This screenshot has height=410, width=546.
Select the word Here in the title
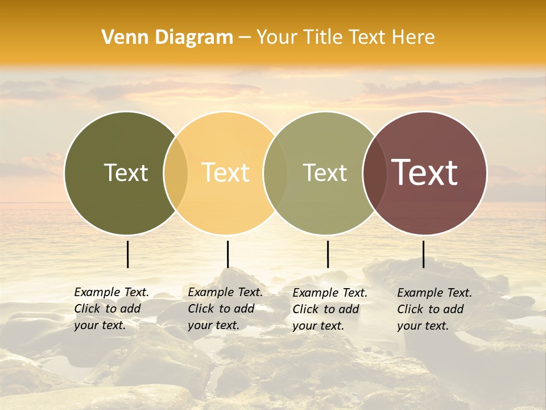[x=414, y=38]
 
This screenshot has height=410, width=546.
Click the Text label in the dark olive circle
[x=126, y=173]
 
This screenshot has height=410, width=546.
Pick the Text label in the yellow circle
[x=226, y=173]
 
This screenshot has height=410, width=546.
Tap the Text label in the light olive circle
[x=325, y=173]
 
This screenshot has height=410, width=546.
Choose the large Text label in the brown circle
[x=425, y=173]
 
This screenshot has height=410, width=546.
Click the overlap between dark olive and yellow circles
[x=176, y=173]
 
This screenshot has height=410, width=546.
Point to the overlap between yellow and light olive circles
[x=275, y=173]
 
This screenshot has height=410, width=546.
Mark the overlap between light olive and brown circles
[x=375, y=173]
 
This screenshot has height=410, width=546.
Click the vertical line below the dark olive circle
[x=127, y=254]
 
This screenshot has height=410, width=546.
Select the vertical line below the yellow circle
[x=227, y=254]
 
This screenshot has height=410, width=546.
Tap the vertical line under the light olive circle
[x=328, y=254]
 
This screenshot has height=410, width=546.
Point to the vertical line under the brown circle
[x=423, y=254]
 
